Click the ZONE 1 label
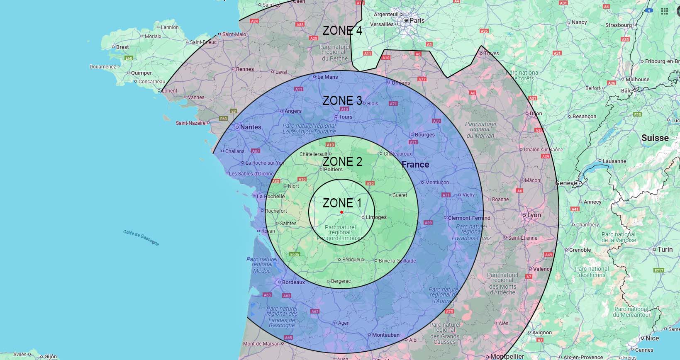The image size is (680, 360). (x=342, y=203)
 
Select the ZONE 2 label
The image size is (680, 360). (x=342, y=161)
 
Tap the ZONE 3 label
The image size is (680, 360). (x=342, y=100)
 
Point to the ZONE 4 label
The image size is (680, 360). (x=342, y=30)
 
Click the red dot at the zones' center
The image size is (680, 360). (x=341, y=212)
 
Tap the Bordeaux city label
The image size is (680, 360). (x=293, y=282)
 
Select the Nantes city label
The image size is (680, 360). (x=251, y=127)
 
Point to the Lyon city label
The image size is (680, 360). (x=534, y=215)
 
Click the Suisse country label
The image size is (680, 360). (x=655, y=138)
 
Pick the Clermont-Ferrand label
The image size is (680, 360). (x=469, y=218)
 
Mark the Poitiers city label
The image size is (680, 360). (x=333, y=169)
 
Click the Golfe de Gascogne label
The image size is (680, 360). (x=141, y=238)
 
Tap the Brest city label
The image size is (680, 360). (x=122, y=47)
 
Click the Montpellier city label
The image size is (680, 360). (x=507, y=356)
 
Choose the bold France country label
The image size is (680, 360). (x=415, y=164)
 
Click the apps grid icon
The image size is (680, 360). (x=664, y=11)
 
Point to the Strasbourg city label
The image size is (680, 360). (x=618, y=25)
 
